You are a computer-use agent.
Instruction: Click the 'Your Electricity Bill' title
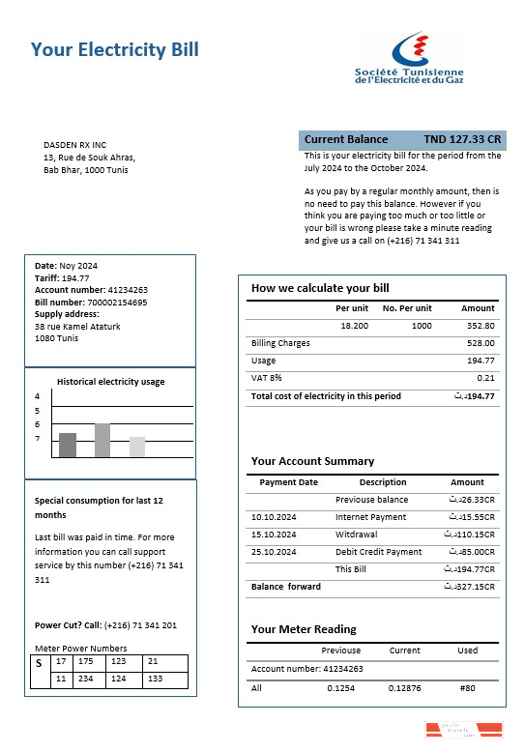[115, 50]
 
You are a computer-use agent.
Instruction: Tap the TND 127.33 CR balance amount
[462, 139]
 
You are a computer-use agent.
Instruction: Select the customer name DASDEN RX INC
[74, 145]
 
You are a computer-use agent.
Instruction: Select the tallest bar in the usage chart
[102, 440]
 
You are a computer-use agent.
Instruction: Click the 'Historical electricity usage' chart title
[110, 382]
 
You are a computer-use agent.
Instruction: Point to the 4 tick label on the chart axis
[38, 396]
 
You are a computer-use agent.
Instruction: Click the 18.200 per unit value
[354, 326]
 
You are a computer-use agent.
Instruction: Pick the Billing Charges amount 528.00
[481, 343]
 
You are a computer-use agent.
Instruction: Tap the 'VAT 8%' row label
[267, 378]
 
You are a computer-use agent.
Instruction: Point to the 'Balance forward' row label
[278, 587]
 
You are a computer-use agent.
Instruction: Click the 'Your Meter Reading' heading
[304, 629]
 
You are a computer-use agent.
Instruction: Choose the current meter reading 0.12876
[404, 687]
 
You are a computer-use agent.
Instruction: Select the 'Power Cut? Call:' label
[67, 624]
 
